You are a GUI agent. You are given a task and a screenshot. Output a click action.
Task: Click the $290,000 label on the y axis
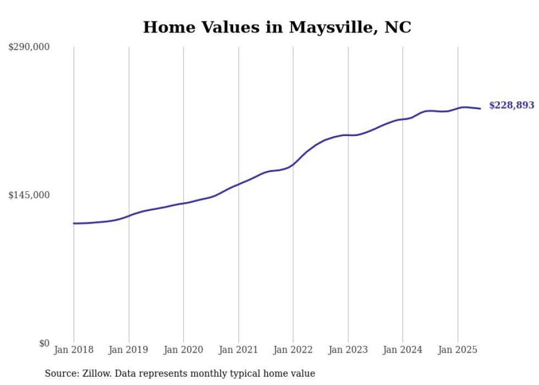(29, 47)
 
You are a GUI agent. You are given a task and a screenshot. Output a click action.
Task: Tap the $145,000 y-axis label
(29, 195)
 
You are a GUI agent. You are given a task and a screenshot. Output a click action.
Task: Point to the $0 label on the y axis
(44, 343)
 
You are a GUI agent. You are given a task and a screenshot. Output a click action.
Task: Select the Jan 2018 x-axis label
(74, 350)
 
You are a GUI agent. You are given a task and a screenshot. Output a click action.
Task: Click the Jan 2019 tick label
(129, 350)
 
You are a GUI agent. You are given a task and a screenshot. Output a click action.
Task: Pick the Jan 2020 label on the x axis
(184, 350)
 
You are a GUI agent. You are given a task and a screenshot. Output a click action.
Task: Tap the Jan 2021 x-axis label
(238, 350)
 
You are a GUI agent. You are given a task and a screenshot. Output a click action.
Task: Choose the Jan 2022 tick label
(293, 350)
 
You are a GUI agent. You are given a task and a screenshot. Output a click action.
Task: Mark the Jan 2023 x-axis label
(348, 350)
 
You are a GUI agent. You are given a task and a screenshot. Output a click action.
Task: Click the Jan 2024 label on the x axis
(403, 350)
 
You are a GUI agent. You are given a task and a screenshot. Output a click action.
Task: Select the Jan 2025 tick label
(458, 350)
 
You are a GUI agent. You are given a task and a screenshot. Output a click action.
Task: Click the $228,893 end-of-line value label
(512, 105)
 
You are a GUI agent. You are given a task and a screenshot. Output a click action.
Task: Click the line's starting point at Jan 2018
(74, 223)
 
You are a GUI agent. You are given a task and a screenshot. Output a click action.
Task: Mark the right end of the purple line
(481, 109)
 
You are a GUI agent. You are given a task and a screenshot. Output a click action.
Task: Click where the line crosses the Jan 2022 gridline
(293, 164)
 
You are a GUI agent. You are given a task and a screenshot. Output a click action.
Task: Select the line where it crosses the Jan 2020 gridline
(184, 203)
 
